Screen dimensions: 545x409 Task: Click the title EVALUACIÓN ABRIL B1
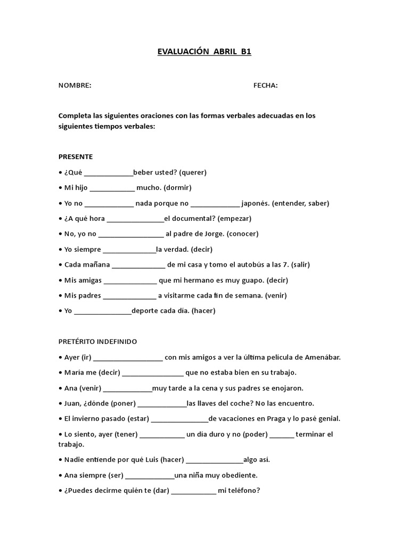tap(204, 52)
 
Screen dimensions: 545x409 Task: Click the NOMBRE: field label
tap(75, 85)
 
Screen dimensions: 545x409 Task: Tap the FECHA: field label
tap(265, 85)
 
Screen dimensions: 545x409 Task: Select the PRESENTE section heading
tap(76, 156)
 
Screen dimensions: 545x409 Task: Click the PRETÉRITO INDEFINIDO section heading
tap(97, 341)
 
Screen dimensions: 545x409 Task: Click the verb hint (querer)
tap(193, 172)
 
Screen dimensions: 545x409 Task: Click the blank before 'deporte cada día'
tap(103, 311)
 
